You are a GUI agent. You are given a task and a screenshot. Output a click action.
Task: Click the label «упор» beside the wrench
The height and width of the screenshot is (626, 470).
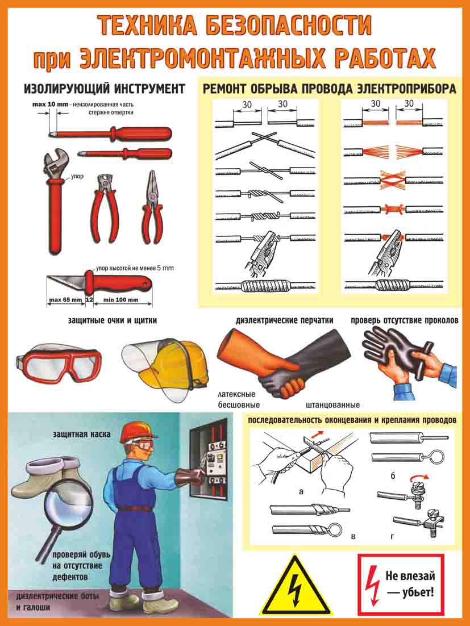77,176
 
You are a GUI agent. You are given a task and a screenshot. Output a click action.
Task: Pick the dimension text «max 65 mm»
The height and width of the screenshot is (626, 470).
65,299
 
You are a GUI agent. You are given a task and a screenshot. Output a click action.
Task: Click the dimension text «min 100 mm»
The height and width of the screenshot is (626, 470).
121,299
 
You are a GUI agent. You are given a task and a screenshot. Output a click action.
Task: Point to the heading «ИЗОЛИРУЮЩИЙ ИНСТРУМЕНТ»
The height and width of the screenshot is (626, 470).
105,88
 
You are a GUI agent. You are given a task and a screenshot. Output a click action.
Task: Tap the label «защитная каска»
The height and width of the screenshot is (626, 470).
81,433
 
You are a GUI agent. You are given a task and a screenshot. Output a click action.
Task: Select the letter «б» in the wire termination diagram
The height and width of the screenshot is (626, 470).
393,476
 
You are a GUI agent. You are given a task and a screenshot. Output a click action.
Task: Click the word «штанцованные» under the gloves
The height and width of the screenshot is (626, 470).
332,405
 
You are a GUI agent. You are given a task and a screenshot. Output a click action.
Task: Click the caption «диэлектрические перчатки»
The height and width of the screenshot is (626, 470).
284,320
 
